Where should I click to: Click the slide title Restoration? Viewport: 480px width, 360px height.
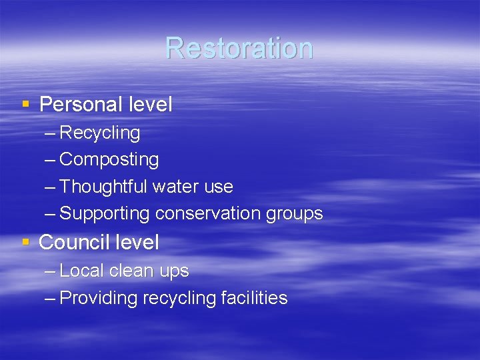(239, 48)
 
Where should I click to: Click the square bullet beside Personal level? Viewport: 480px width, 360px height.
(26, 104)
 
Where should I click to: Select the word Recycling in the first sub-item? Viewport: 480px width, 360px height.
(100, 133)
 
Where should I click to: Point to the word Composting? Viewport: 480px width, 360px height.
(109, 160)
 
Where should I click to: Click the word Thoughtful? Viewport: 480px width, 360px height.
(103, 187)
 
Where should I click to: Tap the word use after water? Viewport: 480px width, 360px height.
(219, 187)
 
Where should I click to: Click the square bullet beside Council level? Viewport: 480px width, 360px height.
(26, 242)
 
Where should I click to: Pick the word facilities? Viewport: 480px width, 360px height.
(254, 298)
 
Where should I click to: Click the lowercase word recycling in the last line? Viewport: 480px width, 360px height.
(179, 299)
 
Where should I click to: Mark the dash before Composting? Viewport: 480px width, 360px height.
(50, 160)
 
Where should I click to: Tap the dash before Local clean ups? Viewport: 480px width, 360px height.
(50, 271)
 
